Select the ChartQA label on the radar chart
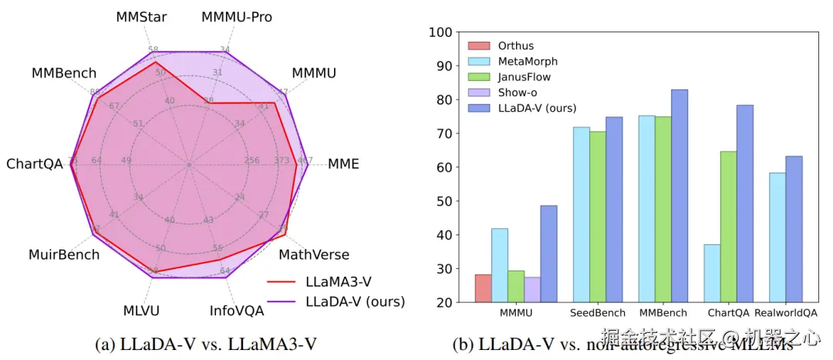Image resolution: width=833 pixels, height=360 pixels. pos(35,164)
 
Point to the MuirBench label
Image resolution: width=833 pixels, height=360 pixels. pos(64,254)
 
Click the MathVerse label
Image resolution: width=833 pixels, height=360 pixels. pos(314,254)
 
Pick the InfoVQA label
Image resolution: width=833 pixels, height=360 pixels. pos(237,311)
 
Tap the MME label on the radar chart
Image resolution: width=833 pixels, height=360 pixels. pos(343,164)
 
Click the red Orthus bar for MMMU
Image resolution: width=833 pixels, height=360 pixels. pos(483,288)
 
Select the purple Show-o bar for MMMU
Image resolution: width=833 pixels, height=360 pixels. pos(531,289)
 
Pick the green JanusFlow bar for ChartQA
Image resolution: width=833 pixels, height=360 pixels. pos(729,227)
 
